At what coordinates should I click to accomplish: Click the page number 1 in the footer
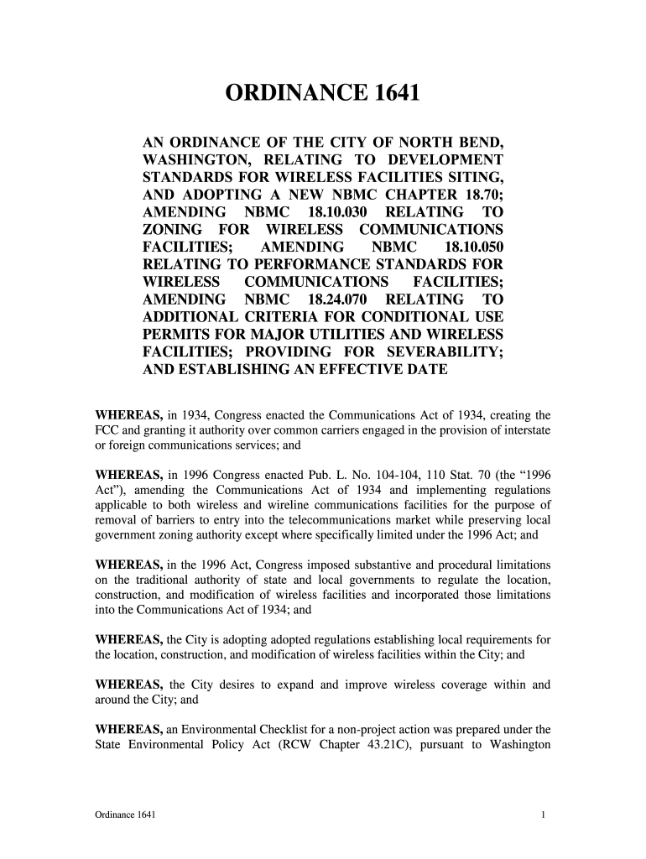pos(544,815)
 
